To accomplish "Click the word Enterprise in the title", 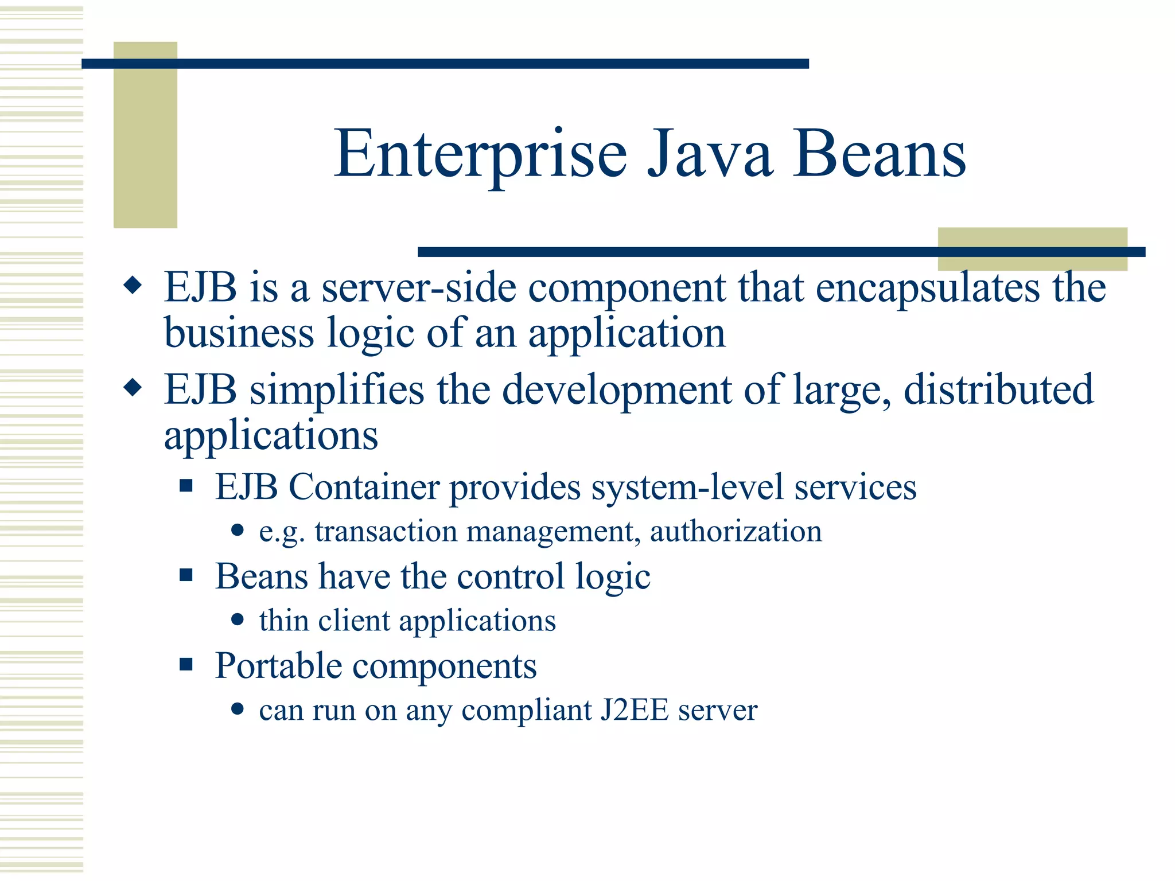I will (480, 154).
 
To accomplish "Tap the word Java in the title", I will (710, 154).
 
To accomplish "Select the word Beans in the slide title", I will (880, 154).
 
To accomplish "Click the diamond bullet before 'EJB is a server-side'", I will (133, 285).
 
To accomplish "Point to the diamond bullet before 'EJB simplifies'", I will (133, 388).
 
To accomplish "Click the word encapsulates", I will (928, 288).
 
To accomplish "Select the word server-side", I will (418, 288).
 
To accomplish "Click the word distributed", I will (999, 390).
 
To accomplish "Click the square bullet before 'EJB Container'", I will (186, 486).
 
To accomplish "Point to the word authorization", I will (736, 531).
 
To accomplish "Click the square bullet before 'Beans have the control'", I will (186, 575).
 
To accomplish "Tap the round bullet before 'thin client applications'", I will (238, 619).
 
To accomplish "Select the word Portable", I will (278, 666).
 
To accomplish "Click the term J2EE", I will (634, 710).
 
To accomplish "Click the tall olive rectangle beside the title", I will (145, 135).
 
